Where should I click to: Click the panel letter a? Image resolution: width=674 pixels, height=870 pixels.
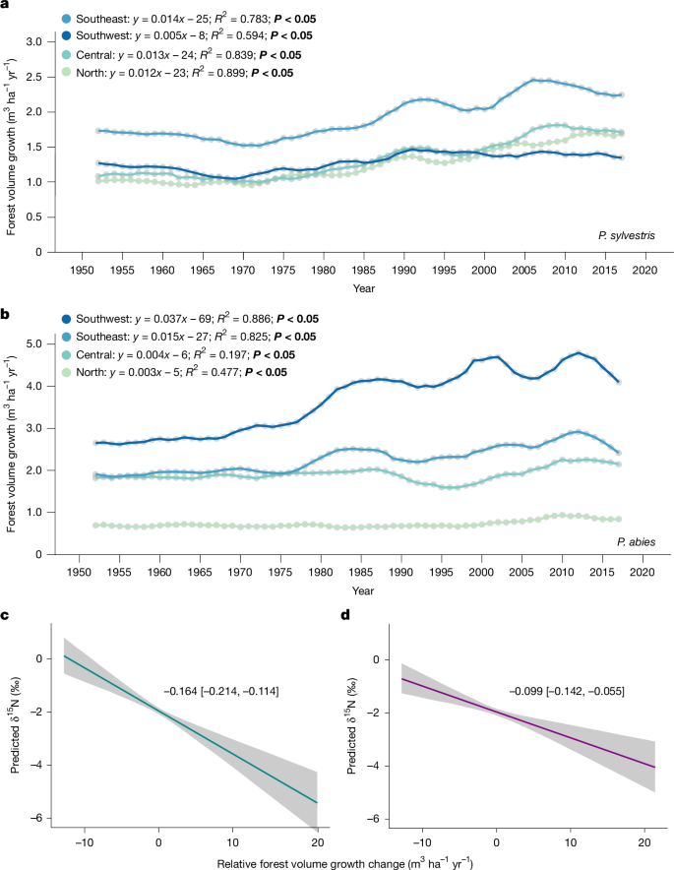(6, 6)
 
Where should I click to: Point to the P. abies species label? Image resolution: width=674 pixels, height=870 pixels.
(637, 538)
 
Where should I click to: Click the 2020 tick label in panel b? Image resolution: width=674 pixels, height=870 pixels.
(643, 572)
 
